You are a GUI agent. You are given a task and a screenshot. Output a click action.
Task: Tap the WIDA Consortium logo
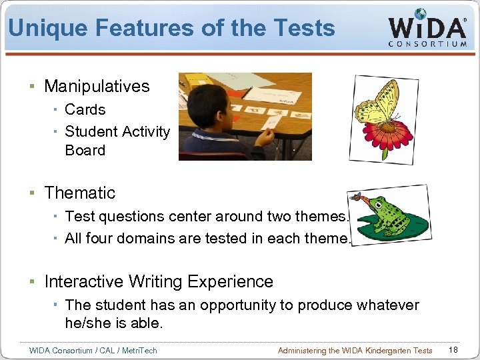pyautogui.click(x=427, y=29)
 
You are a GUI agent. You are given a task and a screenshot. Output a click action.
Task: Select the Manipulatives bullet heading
pyautogui.click(x=97, y=86)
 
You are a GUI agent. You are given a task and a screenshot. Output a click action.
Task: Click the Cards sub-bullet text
pyautogui.click(x=85, y=109)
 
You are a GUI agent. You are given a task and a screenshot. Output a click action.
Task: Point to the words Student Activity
pyautogui.click(x=117, y=131)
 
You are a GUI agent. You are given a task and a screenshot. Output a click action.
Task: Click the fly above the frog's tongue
pyautogui.click(x=357, y=197)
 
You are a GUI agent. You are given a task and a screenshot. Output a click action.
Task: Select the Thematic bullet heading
pyautogui.click(x=79, y=193)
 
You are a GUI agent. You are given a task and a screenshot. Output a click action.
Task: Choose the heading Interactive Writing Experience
pyautogui.click(x=159, y=281)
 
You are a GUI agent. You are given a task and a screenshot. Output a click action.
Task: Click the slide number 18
pyautogui.click(x=453, y=350)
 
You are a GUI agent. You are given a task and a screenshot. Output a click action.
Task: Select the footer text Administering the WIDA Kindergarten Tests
pyautogui.click(x=355, y=351)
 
